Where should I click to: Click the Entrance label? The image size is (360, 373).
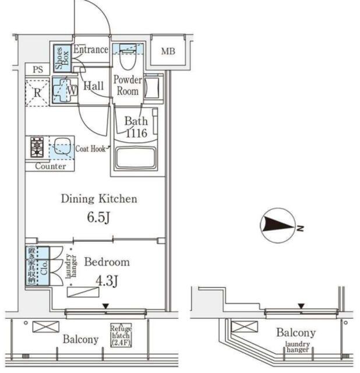point(90,50)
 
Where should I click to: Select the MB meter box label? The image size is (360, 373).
point(168,52)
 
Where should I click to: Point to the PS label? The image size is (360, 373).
point(38,69)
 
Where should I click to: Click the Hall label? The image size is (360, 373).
point(93,86)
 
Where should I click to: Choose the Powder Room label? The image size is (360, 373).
point(128,86)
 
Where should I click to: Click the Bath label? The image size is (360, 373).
point(136,122)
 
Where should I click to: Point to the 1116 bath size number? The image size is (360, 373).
point(136,133)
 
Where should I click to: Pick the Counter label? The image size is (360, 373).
point(50,166)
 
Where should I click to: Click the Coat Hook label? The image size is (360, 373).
point(90,149)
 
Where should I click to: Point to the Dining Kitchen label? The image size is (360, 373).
point(99,199)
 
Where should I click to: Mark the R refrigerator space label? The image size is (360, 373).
point(37,92)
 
